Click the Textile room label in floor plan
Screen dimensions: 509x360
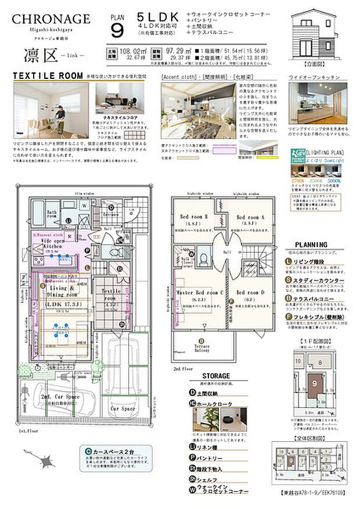tap(111, 293)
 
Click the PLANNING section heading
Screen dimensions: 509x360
tap(315, 244)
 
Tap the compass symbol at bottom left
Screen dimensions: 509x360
tap(40, 461)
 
